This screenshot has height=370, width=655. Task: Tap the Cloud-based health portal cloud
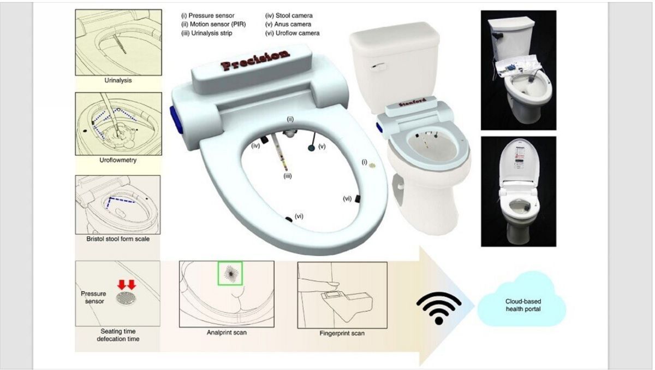pyautogui.click(x=522, y=302)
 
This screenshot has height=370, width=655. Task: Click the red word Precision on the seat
pyautogui.click(x=255, y=61)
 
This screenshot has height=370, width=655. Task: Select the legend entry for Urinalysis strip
pyautogui.click(x=207, y=33)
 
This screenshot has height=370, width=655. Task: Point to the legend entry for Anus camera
pyautogui.click(x=288, y=24)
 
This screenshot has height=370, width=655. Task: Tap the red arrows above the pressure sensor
pyautogui.click(x=127, y=285)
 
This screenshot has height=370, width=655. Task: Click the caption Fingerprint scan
pyautogui.click(x=342, y=333)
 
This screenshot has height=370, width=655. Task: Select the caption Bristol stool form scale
pyautogui.click(x=118, y=239)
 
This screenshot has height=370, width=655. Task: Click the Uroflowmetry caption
pyautogui.click(x=118, y=160)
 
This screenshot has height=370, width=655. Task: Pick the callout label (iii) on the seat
pyautogui.click(x=288, y=176)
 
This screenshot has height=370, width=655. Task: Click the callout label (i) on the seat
pyautogui.click(x=365, y=162)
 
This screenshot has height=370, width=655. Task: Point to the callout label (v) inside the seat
pyautogui.click(x=321, y=146)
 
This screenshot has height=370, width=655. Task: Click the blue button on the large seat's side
pyautogui.click(x=176, y=120)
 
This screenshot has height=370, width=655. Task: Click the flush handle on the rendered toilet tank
pyautogui.click(x=378, y=66)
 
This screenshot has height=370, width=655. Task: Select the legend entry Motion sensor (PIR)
pyautogui.click(x=213, y=24)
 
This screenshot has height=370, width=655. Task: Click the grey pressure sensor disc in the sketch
pyautogui.click(x=126, y=298)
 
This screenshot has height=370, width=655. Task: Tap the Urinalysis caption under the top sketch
pyautogui.click(x=118, y=80)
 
